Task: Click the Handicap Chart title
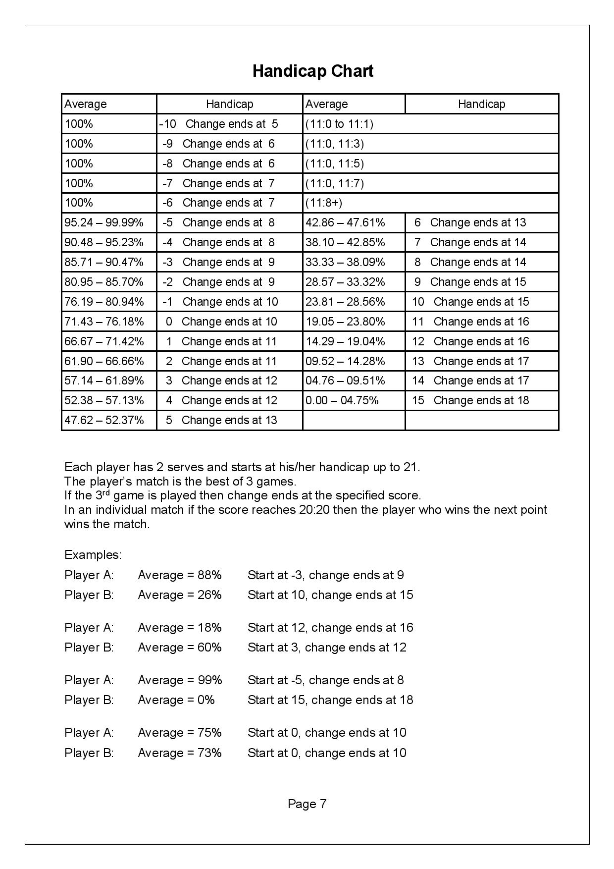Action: (x=313, y=71)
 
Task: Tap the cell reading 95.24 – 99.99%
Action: (x=104, y=223)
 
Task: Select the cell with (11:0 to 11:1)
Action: (x=339, y=124)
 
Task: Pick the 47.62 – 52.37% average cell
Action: (x=104, y=421)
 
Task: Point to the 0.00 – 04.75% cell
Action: (x=342, y=401)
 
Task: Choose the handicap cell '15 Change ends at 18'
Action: (x=470, y=401)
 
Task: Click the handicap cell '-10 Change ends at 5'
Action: (x=219, y=124)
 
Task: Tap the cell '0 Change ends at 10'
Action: (x=221, y=322)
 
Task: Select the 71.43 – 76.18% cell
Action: (x=104, y=322)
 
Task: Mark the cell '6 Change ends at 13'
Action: (x=470, y=223)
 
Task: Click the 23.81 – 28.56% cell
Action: (x=345, y=302)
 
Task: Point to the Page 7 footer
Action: (x=307, y=804)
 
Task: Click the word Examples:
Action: (x=93, y=554)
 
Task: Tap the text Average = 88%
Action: (x=180, y=575)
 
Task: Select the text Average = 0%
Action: (x=176, y=700)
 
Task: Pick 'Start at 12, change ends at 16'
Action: (x=330, y=628)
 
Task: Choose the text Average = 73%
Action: (x=180, y=753)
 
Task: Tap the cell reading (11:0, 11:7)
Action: (x=335, y=183)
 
